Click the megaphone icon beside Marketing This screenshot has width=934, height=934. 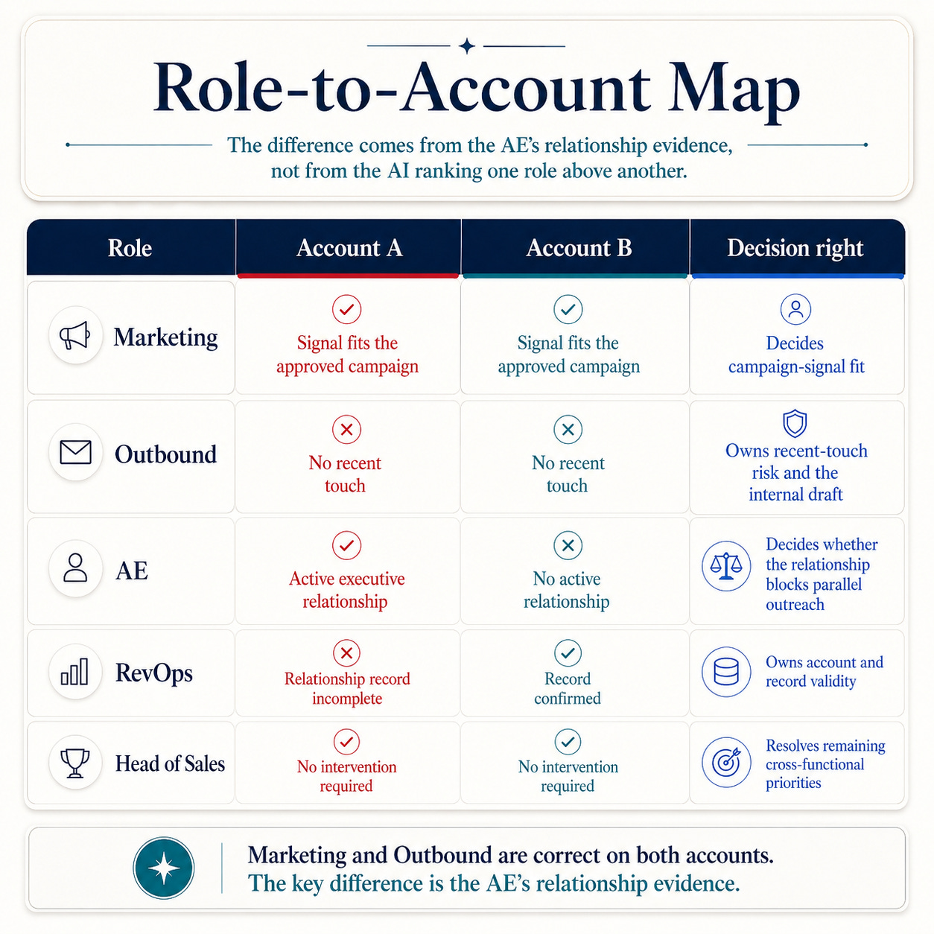[x=75, y=335]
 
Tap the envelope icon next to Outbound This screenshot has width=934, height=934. [x=76, y=452]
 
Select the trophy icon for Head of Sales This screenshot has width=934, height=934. [x=74, y=763]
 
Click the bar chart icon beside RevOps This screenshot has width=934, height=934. [x=74, y=671]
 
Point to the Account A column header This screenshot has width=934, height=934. [x=349, y=248]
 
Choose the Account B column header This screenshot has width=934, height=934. [x=579, y=248]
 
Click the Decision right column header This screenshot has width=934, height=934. [x=795, y=248]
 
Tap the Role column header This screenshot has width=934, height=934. [x=130, y=248]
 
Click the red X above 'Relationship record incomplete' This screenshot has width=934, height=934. [x=346, y=653]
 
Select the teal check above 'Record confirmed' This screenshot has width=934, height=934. [x=568, y=653]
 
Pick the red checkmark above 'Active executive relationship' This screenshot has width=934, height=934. [x=346, y=545]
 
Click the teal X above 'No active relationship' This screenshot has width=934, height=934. [x=568, y=545]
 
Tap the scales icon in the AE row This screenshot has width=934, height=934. [x=726, y=566]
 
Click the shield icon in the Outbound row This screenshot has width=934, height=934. [x=795, y=424]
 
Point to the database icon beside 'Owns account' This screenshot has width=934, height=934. [x=726, y=672]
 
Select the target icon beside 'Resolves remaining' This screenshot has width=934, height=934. [x=726, y=763]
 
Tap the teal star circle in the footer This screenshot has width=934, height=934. [x=164, y=868]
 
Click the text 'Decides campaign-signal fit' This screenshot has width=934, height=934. [x=796, y=355]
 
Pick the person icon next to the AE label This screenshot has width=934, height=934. [x=76, y=568]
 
